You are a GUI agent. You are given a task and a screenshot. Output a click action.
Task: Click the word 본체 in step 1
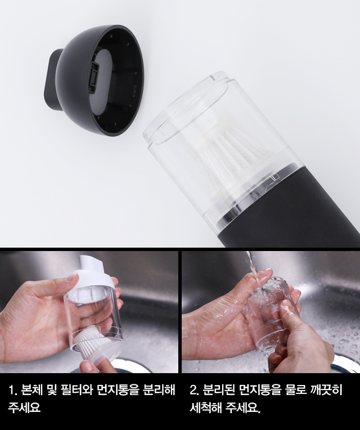click(x=31, y=389)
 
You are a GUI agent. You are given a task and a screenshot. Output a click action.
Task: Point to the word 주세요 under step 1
click(x=24, y=407)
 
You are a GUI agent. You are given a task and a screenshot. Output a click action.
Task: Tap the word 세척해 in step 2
click(x=205, y=407)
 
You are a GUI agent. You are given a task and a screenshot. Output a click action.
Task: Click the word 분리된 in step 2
click(x=219, y=389)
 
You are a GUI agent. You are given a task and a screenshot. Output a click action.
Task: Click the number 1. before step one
click(x=12, y=389)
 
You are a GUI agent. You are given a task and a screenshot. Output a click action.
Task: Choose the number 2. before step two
click(x=194, y=389)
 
